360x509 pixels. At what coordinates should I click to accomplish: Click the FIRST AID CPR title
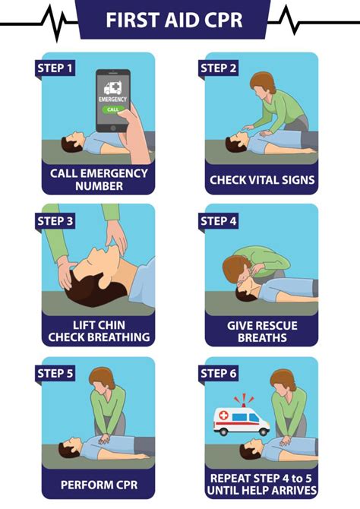click(x=174, y=20)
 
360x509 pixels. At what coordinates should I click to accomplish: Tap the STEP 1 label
click(x=55, y=68)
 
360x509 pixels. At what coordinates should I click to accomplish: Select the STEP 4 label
click(x=218, y=221)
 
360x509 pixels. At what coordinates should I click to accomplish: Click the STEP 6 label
click(x=218, y=373)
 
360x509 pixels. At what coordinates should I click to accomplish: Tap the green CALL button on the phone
click(x=112, y=109)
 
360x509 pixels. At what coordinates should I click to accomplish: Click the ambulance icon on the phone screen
click(x=112, y=87)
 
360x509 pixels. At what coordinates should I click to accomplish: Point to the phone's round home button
click(x=112, y=128)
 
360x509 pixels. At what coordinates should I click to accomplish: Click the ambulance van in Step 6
click(x=242, y=421)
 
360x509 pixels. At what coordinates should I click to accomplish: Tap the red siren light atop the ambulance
click(x=244, y=403)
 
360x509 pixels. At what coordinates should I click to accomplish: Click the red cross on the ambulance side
click(x=223, y=416)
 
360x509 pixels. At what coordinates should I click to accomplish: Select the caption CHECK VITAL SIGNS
click(x=262, y=180)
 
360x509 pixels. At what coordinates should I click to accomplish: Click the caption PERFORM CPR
click(x=99, y=485)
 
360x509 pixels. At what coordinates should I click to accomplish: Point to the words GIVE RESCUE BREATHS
click(x=262, y=331)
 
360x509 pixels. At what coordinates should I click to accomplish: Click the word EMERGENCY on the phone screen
click(x=112, y=99)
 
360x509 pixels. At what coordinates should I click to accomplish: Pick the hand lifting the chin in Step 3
click(x=116, y=236)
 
